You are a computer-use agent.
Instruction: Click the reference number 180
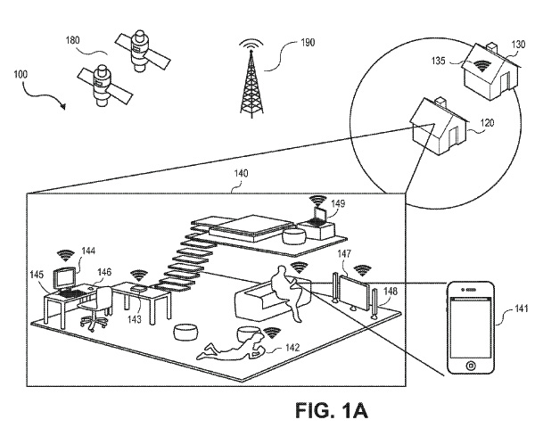point(72,41)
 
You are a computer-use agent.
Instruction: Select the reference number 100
point(21,74)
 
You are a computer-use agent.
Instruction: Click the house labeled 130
point(490,71)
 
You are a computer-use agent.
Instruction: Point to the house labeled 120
point(439,127)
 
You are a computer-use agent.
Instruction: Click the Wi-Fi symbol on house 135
point(481,66)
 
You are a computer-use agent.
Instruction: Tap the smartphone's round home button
point(471,366)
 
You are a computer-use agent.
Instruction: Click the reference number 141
point(521,309)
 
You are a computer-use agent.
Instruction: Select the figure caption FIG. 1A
point(332,410)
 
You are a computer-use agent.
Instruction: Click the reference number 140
point(242,173)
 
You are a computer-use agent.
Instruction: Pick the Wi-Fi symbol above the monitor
point(65,255)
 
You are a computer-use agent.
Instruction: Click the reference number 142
point(292,348)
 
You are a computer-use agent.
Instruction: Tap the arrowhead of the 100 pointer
point(62,106)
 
